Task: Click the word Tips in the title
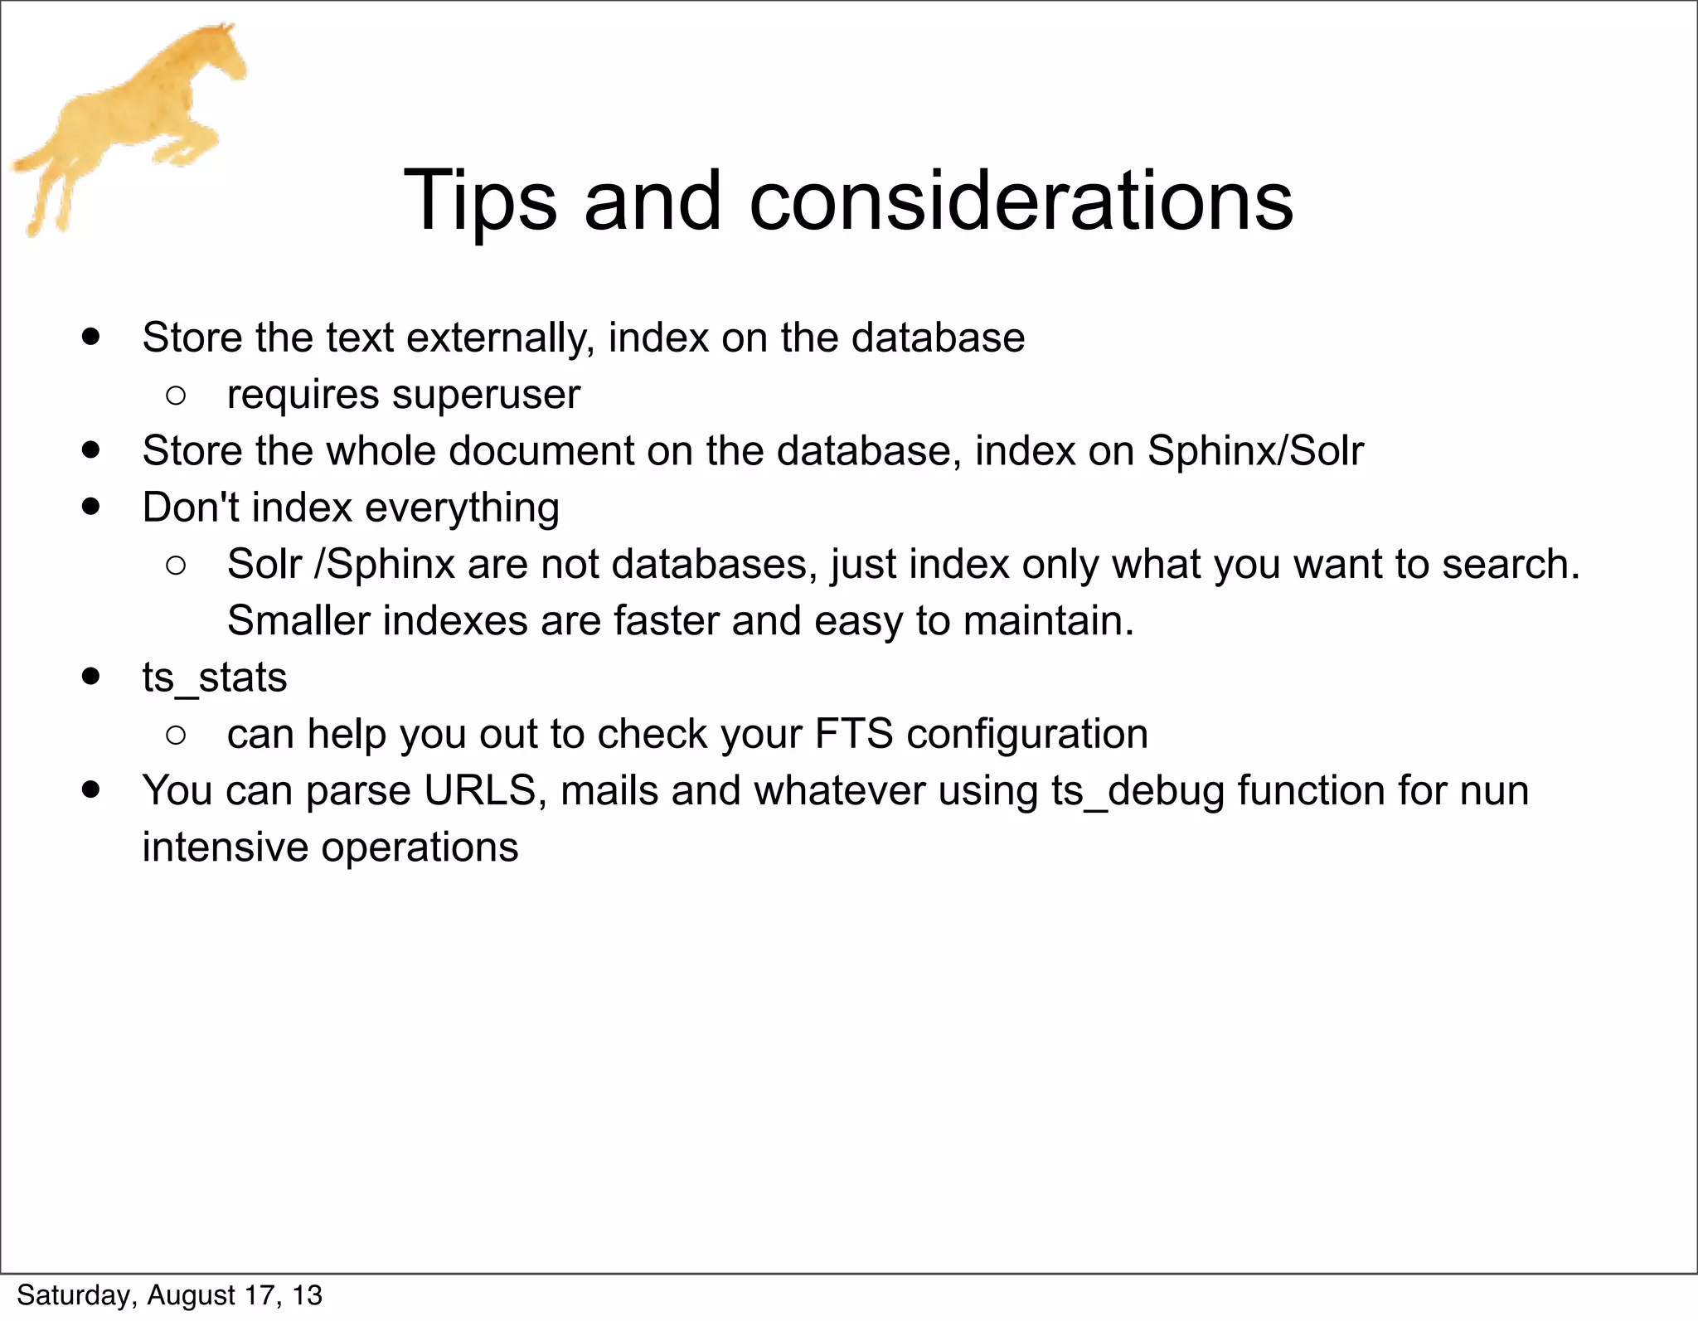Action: [x=479, y=201]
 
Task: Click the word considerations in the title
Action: [x=1021, y=201]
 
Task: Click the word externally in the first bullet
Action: [x=500, y=338]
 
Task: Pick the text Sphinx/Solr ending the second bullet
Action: [x=1255, y=451]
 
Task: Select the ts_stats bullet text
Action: [x=214, y=677]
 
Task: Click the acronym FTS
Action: [x=854, y=734]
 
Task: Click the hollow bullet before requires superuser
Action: [x=175, y=396]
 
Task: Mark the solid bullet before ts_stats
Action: [x=91, y=676]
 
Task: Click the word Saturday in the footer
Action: [x=73, y=1295]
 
